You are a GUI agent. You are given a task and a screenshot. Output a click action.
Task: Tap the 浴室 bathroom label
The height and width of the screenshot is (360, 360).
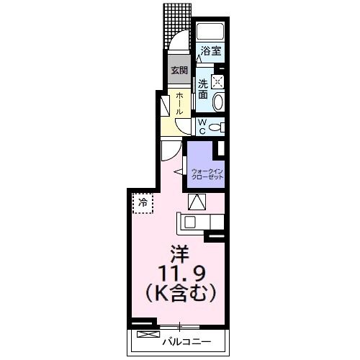pos(210,51)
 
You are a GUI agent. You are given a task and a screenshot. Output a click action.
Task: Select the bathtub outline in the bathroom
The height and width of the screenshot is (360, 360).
pos(210,32)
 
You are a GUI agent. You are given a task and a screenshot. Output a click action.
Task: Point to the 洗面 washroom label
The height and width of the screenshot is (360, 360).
pos(203,88)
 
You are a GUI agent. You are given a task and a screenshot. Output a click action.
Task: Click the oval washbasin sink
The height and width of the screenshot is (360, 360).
pos(218,100)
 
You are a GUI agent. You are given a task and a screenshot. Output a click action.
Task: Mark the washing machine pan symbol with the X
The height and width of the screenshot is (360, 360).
pos(218,81)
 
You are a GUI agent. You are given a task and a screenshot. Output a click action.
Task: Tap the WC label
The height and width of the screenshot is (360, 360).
pos(202,127)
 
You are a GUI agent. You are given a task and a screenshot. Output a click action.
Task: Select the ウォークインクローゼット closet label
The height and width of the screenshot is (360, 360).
pos(207,174)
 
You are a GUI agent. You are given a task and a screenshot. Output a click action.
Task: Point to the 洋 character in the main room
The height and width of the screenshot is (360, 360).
pos(179,254)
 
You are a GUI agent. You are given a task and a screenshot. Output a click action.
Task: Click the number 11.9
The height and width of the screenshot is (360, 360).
pos(179,274)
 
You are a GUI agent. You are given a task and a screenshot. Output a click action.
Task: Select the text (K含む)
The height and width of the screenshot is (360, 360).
pos(179,294)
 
